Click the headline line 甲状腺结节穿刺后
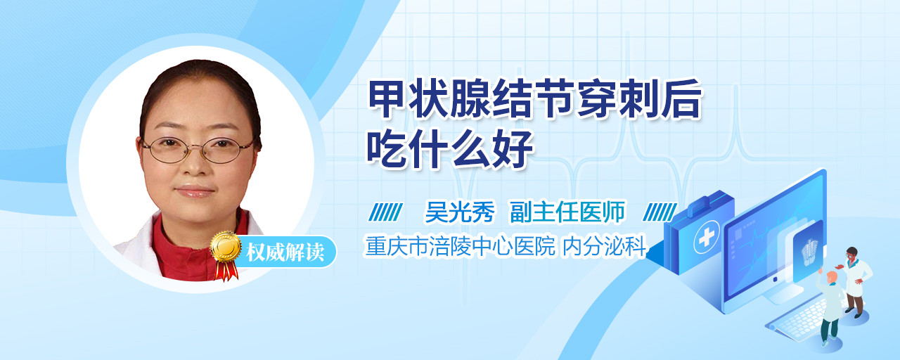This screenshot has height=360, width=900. pyautogui.click(x=535, y=99)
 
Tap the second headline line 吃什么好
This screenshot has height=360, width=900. pyautogui.click(x=450, y=148)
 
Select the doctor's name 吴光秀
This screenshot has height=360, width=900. pyautogui.click(x=460, y=212)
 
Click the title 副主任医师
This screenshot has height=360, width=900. pyautogui.click(x=567, y=212)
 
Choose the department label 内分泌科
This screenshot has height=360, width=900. pyautogui.click(x=604, y=246)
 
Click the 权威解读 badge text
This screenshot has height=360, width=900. pyautogui.click(x=285, y=252)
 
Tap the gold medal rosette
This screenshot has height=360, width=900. pyautogui.click(x=226, y=246)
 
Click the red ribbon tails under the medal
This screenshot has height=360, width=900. pyautogui.click(x=226, y=270)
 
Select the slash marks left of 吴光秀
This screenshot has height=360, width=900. pyautogui.click(x=385, y=212)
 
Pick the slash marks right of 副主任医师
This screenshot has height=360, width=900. pyautogui.click(x=660, y=212)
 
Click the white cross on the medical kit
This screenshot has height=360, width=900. pyautogui.click(x=707, y=237)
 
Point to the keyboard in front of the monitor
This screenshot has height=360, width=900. pyautogui.click(x=799, y=317)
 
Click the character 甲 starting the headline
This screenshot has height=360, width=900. pyautogui.click(x=387, y=99)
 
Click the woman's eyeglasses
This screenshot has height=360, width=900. pyautogui.click(x=198, y=150)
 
